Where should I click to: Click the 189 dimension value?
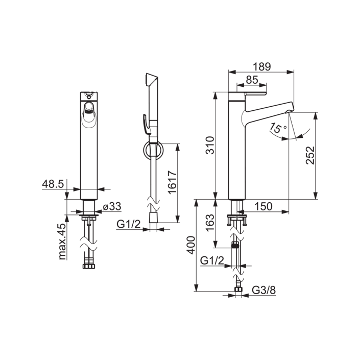[262, 66]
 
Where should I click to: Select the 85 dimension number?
[252, 80]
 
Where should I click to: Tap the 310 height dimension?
[210, 145]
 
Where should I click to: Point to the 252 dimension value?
[310, 155]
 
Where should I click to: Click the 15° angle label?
[278, 128]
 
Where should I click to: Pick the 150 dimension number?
[263, 206]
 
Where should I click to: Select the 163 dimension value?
[210, 223]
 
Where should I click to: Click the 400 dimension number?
[191, 245]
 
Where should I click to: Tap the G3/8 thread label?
[264, 290]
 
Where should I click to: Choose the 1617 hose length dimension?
[173, 182]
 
